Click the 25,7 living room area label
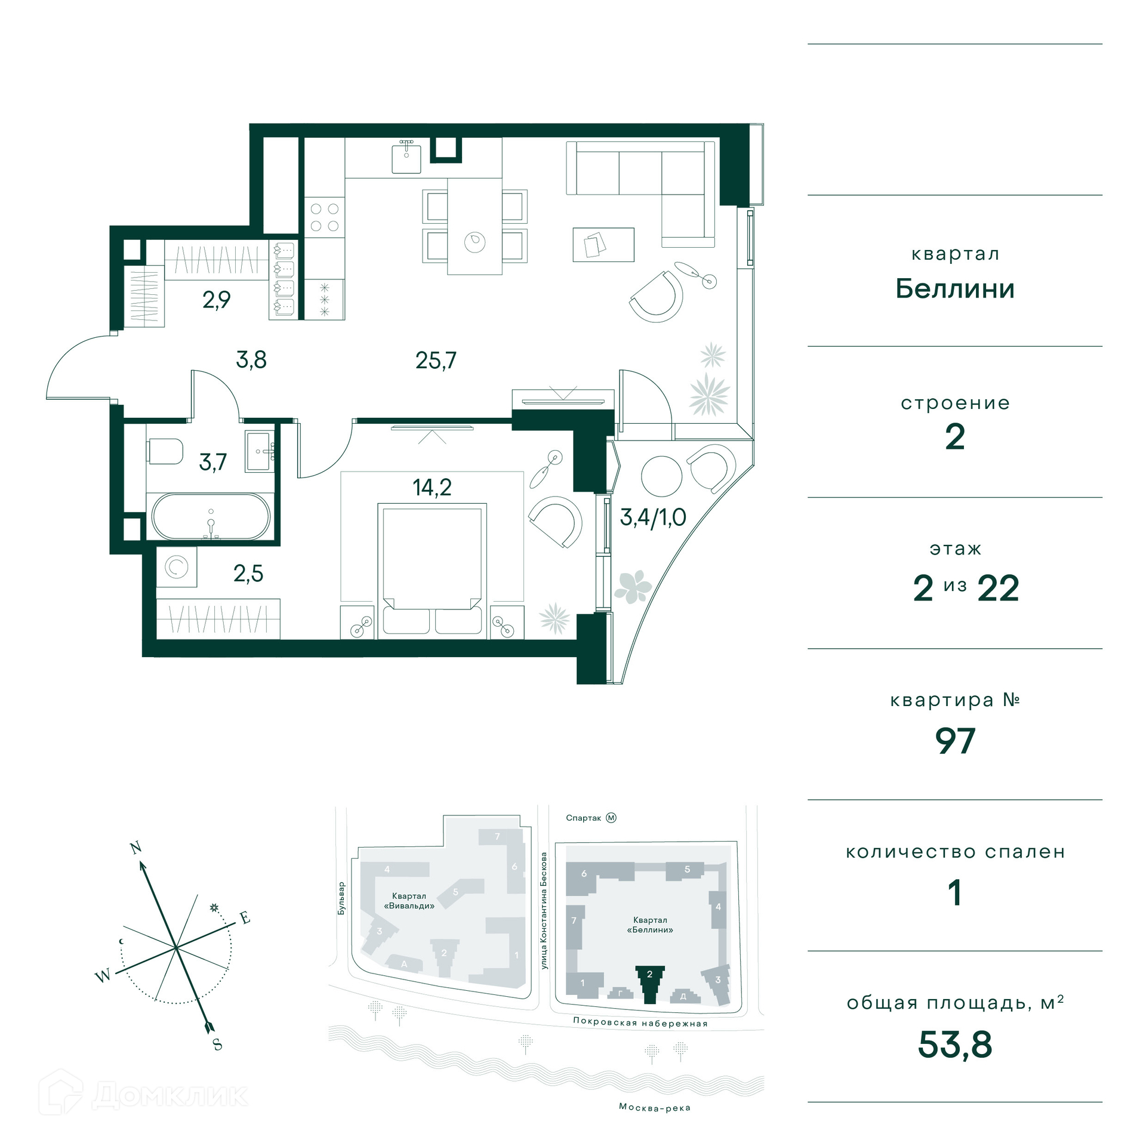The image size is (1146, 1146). [x=436, y=361]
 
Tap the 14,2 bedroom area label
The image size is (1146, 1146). [x=432, y=488]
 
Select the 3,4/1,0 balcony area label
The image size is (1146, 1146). [x=653, y=517]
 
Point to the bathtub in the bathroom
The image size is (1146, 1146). [x=211, y=516]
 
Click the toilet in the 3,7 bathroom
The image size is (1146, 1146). [x=165, y=452]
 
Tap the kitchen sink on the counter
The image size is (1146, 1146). [x=406, y=157]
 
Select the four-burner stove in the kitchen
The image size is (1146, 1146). [x=325, y=217]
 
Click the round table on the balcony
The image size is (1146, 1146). [x=661, y=476]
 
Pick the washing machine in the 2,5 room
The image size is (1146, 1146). [x=177, y=567]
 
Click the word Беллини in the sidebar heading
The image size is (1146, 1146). [x=955, y=289]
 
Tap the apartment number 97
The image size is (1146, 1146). [x=955, y=741]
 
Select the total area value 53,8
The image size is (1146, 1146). [x=955, y=1045]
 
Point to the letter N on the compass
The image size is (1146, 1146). [x=136, y=848]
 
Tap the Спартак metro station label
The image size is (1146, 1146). [x=583, y=818]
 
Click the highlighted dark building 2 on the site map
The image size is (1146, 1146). [x=650, y=984]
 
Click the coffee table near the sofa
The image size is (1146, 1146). [x=603, y=245]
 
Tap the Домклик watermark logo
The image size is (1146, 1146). [x=143, y=1094]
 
